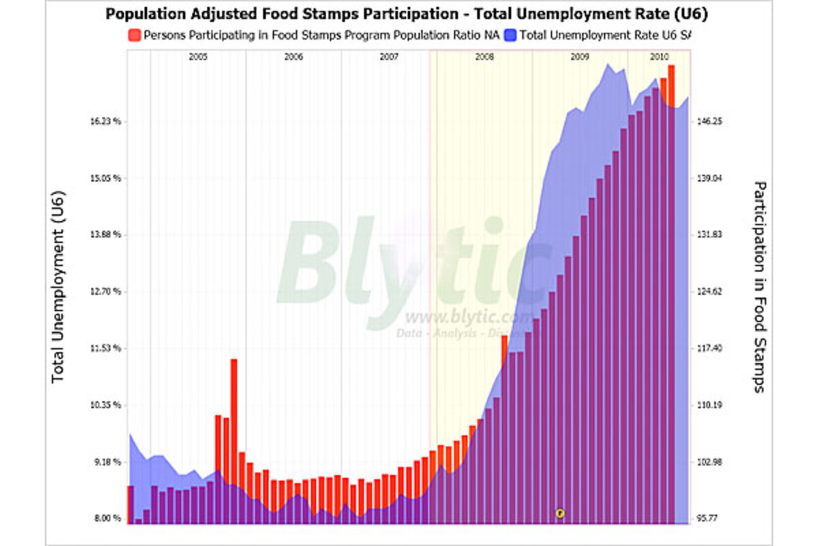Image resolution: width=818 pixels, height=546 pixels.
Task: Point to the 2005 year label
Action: pos(198,58)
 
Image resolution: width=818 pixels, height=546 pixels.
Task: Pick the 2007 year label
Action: pos(389,58)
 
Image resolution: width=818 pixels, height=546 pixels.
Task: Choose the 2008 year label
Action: pos(484,58)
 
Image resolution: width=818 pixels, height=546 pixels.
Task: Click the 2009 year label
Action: pos(579,58)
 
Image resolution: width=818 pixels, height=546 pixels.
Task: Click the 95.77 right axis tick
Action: pos(709,519)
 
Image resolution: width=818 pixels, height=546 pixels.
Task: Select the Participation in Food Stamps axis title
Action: pos(759,287)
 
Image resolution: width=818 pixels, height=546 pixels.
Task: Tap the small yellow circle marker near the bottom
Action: pos(560,513)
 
